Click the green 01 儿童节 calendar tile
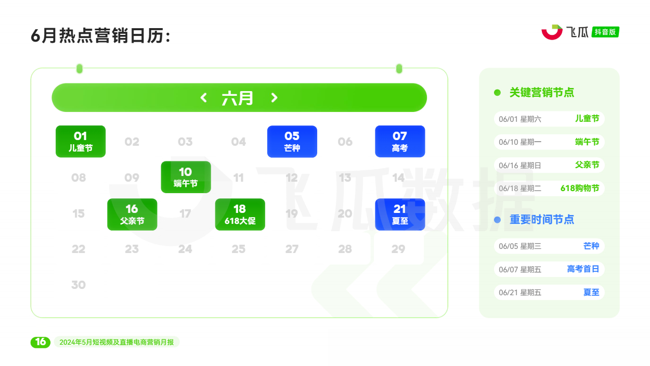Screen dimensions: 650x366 [x=81, y=142]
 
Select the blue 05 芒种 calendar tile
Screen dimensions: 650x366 [x=292, y=142]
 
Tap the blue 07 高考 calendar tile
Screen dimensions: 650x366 [x=400, y=142]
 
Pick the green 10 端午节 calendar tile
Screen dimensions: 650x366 [x=186, y=177]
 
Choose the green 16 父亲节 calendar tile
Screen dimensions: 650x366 [x=132, y=214]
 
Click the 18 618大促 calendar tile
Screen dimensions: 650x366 [x=240, y=214]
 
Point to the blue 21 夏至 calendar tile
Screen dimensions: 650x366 [x=400, y=214]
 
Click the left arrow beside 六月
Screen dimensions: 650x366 [x=203, y=97]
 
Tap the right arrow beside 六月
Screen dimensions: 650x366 [x=274, y=97]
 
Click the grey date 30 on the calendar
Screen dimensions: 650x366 [x=79, y=285]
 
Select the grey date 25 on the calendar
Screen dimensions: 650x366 [x=239, y=249]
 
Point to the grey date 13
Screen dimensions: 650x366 [x=345, y=178]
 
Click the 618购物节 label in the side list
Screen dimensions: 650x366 [x=580, y=188]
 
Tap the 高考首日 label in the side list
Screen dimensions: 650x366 [x=583, y=269]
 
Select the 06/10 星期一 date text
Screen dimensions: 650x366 [x=519, y=142]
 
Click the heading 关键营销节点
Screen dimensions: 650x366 [x=542, y=92]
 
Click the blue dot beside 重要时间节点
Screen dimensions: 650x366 [x=497, y=220]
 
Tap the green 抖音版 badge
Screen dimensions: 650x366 [x=605, y=32]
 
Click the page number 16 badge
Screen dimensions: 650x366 [x=41, y=342]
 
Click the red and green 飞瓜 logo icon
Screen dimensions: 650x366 [x=552, y=32]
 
